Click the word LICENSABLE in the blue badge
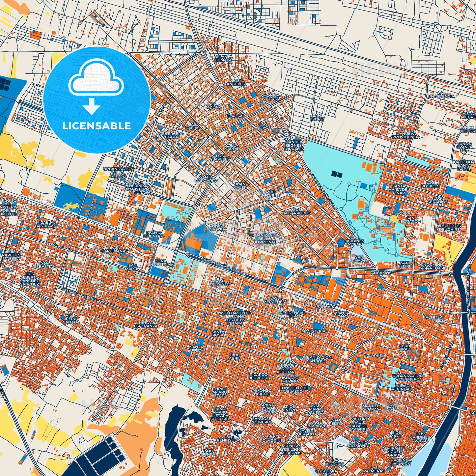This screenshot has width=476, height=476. coord(97,126)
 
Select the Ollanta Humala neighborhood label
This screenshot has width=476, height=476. coord(223,58)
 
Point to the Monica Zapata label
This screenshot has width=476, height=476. coord(271,97)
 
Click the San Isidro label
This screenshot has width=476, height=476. coord(317,117)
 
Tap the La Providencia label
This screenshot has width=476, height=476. coord(441,95)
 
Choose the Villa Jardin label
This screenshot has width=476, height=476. coord(232,147)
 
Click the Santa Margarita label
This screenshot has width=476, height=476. coord(207,179)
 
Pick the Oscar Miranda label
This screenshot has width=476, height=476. coord(217,227)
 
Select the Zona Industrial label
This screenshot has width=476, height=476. coord(160,263)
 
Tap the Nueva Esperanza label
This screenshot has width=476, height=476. coord(146,324)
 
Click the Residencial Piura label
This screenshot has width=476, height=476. coord(293,314)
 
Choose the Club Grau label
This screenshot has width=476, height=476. coord(405,347)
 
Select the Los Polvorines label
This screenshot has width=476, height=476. coord(272,439)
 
